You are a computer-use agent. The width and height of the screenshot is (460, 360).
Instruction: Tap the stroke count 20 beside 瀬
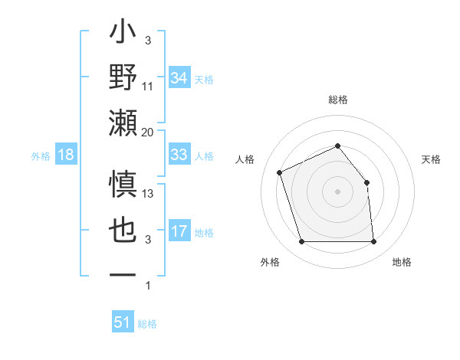(148, 133)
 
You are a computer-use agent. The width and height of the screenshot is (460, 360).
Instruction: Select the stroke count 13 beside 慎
(148, 194)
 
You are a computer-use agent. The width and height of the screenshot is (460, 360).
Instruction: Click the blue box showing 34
(179, 78)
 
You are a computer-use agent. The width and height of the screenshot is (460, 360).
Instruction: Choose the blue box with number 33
(179, 155)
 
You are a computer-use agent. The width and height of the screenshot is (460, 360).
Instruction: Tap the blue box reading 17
(179, 231)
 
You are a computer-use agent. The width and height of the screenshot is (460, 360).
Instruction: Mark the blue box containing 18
(66, 155)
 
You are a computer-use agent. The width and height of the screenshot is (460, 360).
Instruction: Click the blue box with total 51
(123, 322)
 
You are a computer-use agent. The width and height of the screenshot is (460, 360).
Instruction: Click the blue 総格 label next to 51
(147, 324)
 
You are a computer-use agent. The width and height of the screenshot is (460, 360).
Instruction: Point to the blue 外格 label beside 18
(41, 156)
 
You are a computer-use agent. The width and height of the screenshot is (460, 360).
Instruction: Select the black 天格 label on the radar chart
(432, 159)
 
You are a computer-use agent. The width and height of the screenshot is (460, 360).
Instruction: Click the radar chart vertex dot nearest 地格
(373, 242)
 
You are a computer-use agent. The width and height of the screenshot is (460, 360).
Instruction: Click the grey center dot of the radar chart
(337, 191)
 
